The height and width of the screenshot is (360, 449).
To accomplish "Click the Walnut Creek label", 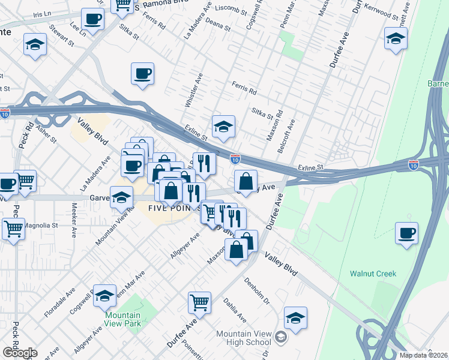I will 373,274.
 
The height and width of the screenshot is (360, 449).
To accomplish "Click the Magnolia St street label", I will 41,226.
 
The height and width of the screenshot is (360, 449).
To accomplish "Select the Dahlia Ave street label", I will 235,310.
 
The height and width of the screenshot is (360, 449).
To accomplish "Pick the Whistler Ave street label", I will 193,91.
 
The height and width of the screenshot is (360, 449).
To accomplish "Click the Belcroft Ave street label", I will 289,133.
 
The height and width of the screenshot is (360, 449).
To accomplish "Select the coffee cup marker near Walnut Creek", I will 406,232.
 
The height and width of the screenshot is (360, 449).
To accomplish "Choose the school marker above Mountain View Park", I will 104,295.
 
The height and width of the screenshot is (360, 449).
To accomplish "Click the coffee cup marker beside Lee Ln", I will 92,18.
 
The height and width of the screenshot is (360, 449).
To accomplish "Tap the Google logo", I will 19,353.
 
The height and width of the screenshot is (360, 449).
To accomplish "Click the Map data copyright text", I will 424,355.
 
